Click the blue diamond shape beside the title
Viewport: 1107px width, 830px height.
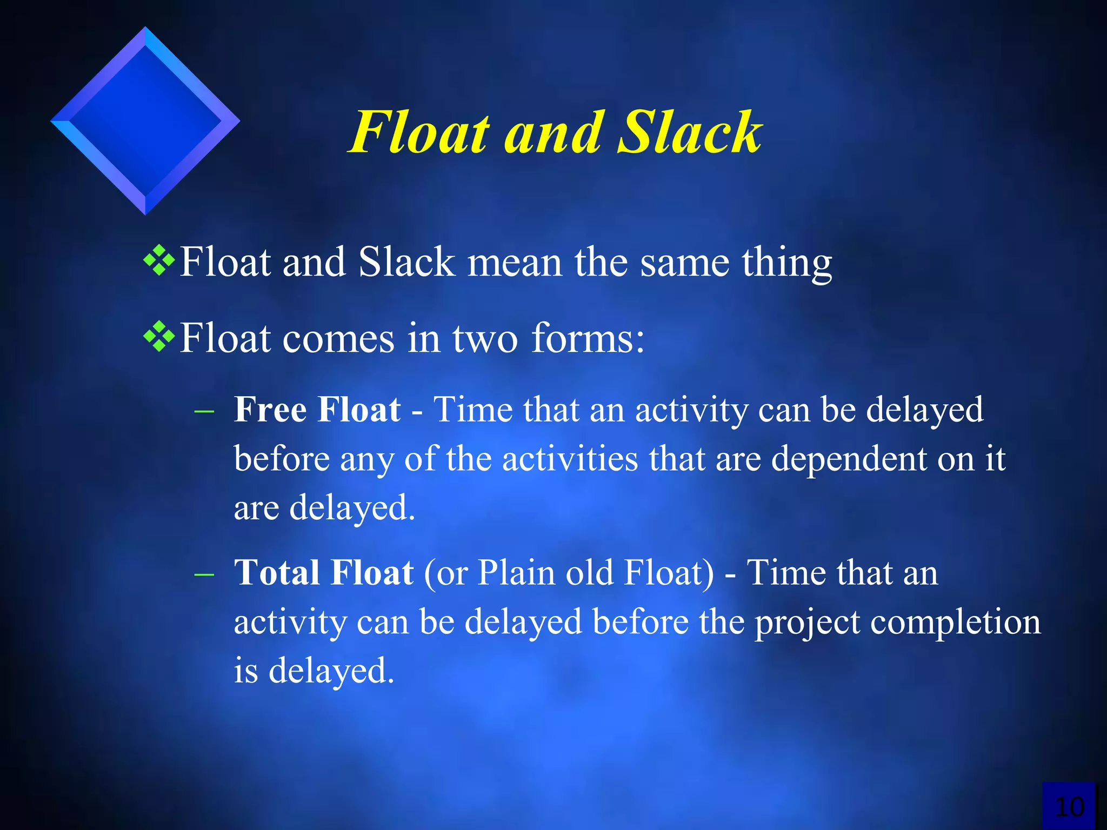coord(145,121)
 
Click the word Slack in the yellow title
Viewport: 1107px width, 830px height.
coord(689,132)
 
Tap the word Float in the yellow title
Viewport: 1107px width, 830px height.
coord(420,132)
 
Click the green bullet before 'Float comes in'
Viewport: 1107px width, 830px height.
coord(159,337)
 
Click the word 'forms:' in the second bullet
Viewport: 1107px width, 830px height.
coord(588,338)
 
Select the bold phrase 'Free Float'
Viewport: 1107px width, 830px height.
coord(317,410)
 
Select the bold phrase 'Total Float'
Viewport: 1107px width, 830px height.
coord(324,573)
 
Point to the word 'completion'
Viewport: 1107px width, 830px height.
coord(952,622)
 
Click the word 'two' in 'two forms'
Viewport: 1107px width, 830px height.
coord(485,339)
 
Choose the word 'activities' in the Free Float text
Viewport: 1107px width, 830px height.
coord(570,459)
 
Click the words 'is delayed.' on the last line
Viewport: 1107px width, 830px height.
coord(314,671)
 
